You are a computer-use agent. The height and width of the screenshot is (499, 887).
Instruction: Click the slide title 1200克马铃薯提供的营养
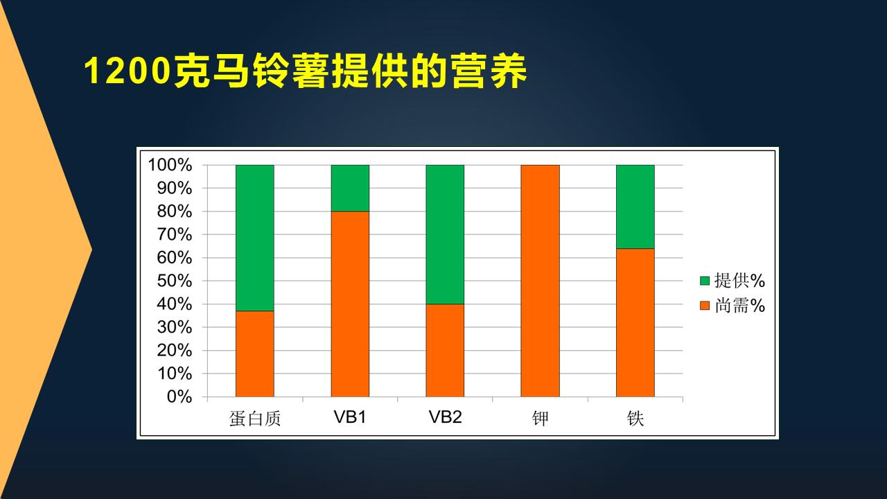pyautogui.click(x=306, y=71)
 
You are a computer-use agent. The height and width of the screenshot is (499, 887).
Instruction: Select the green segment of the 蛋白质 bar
pyautogui.click(x=254, y=238)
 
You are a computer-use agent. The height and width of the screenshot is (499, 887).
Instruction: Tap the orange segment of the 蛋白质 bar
pyautogui.click(x=254, y=353)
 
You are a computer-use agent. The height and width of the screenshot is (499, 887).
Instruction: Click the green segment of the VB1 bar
pyautogui.click(x=350, y=188)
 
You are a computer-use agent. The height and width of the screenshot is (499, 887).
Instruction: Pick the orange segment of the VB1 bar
pyautogui.click(x=350, y=304)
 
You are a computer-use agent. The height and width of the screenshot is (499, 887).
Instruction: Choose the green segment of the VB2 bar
pyautogui.click(x=445, y=234)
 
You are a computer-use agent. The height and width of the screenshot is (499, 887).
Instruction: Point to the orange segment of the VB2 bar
pyautogui.click(x=445, y=350)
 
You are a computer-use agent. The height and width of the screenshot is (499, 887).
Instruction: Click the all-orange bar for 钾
pyautogui.click(x=540, y=281)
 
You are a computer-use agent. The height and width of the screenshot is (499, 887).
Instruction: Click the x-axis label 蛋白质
pyautogui.click(x=254, y=419)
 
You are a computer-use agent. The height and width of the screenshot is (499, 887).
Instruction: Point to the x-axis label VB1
pyautogui.click(x=350, y=417)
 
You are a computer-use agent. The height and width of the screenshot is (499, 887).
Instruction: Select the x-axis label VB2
pyautogui.click(x=445, y=417)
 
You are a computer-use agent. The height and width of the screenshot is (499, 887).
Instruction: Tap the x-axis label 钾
pyautogui.click(x=540, y=419)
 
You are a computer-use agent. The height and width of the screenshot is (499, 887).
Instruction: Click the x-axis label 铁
pyautogui.click(x=635, y=419)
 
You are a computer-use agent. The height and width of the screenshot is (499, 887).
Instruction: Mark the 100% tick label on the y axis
pyautogui.click(x=169, y=165)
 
